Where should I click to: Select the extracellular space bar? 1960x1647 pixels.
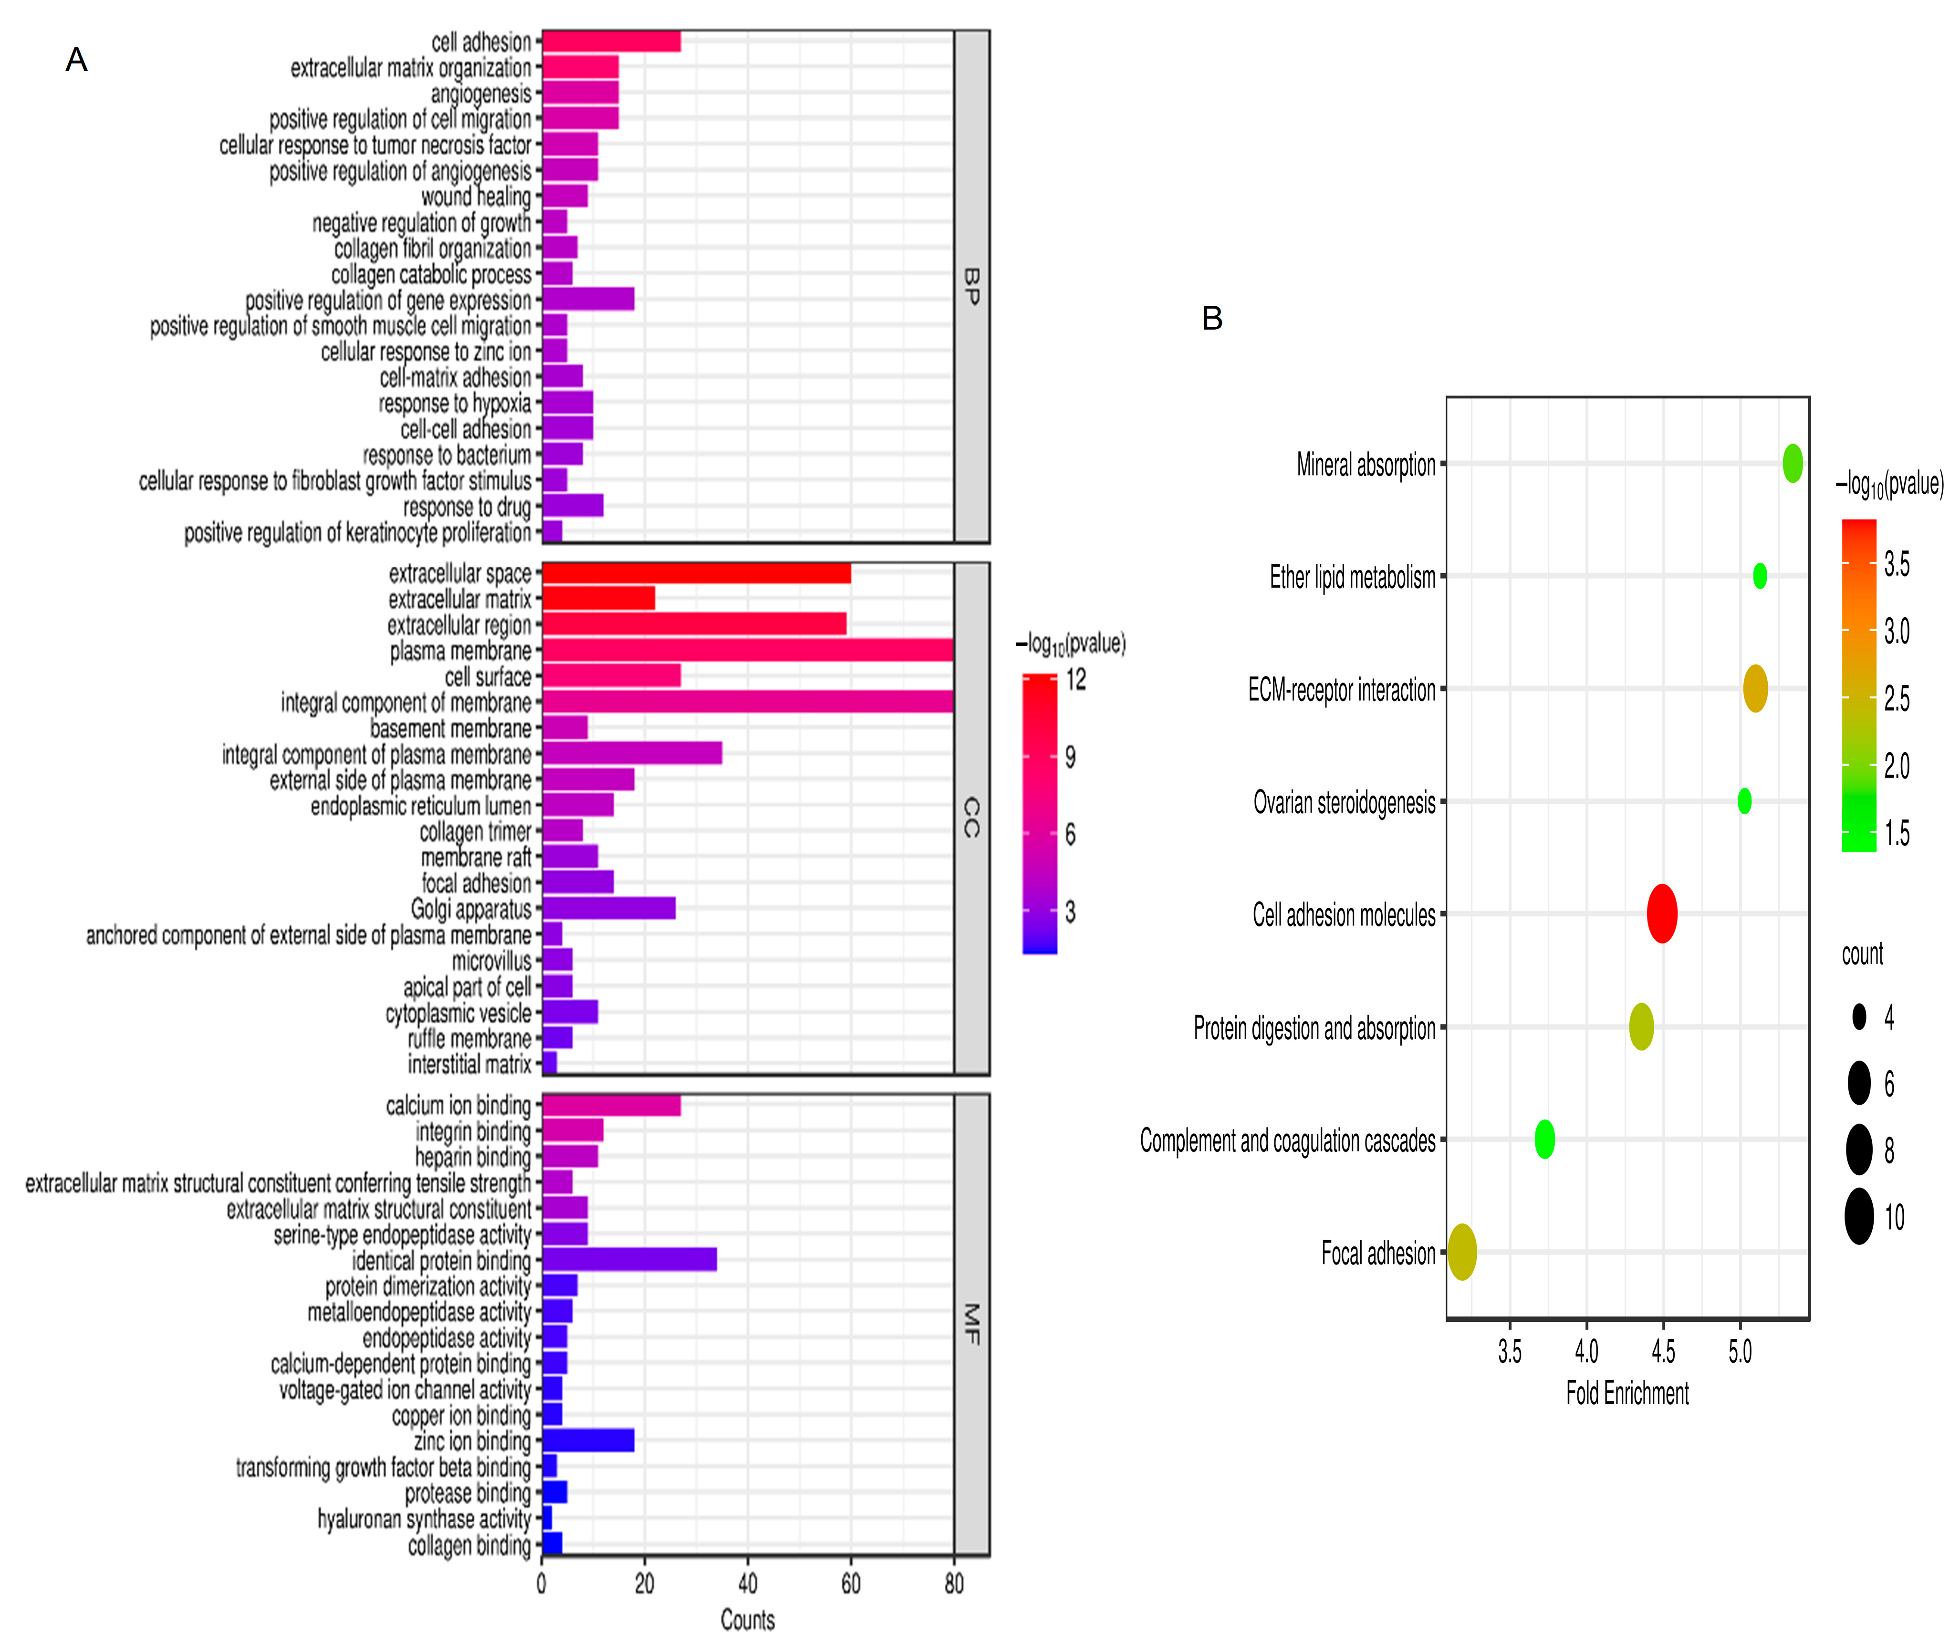pos(696,573)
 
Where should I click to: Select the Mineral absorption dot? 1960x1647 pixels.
pos(1792,463)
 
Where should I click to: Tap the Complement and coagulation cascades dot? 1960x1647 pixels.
pos(1544,1139)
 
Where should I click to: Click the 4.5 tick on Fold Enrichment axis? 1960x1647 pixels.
pos(1663,1351)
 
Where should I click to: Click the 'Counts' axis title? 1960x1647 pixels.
pos(747,1620)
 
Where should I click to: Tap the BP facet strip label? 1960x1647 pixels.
pos(971,287)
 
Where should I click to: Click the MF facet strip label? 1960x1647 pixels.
pos(971,1324)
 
